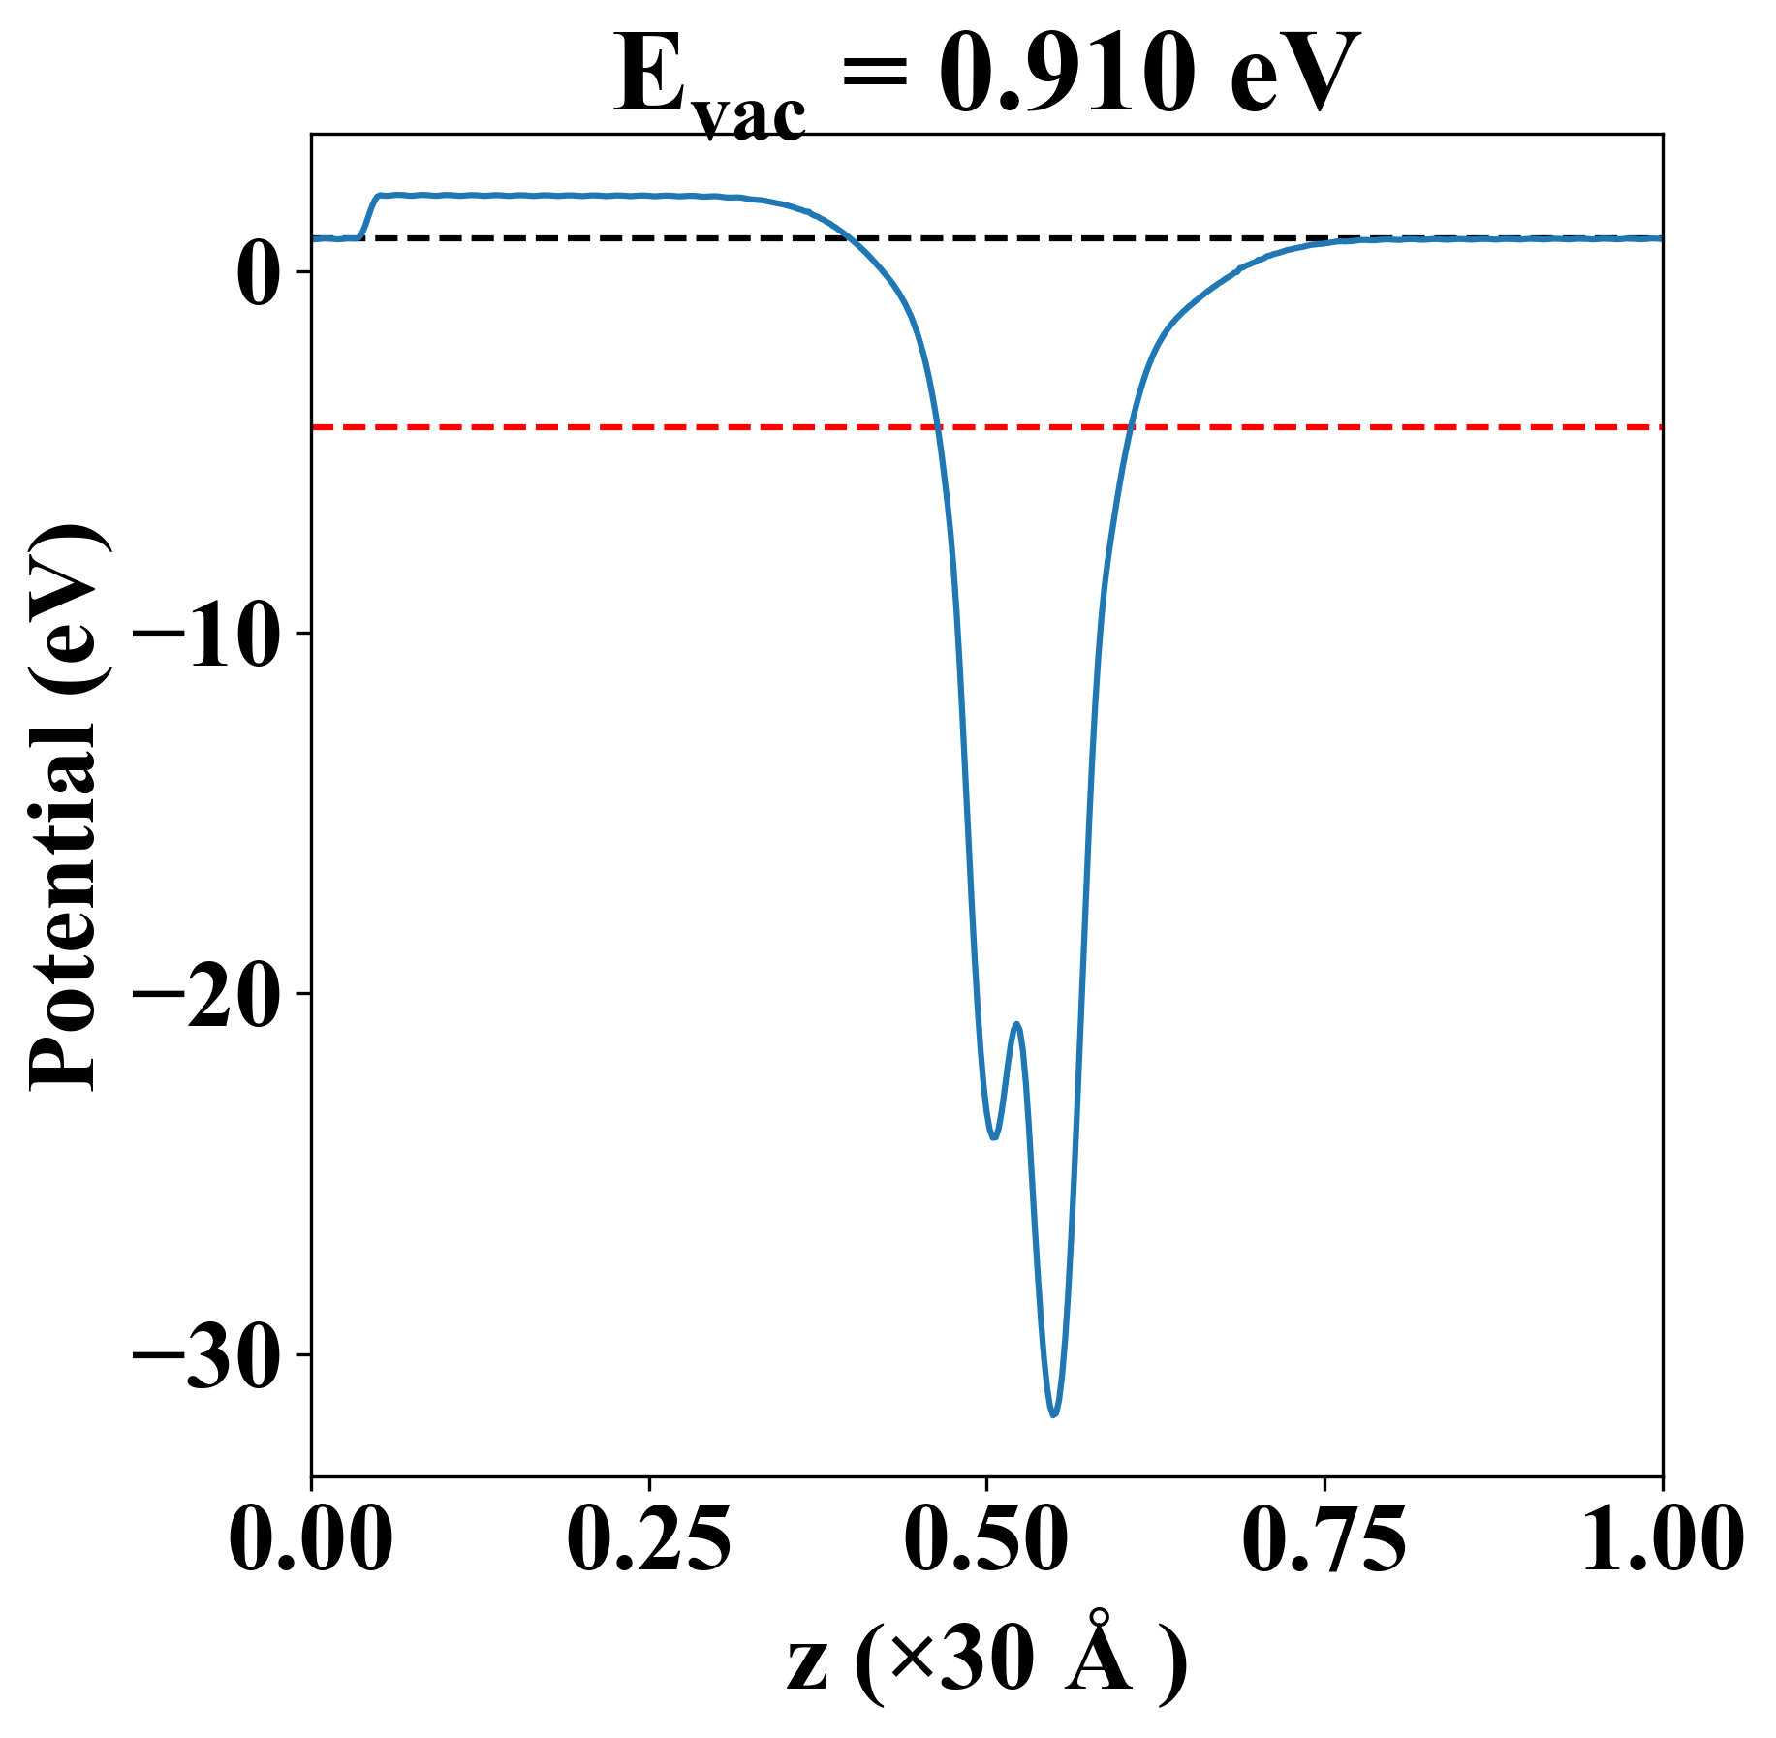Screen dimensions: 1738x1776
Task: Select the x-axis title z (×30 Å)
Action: click(986, 1664)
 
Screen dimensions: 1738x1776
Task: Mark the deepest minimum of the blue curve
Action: click(1053, 1414)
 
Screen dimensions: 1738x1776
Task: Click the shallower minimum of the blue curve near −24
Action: click(993, 1136)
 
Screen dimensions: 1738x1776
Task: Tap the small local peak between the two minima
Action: click(1016, 1024)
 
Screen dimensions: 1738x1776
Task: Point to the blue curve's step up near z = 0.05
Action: click(368, 215)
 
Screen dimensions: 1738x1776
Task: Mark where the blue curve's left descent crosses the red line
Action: click(937, 426)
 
